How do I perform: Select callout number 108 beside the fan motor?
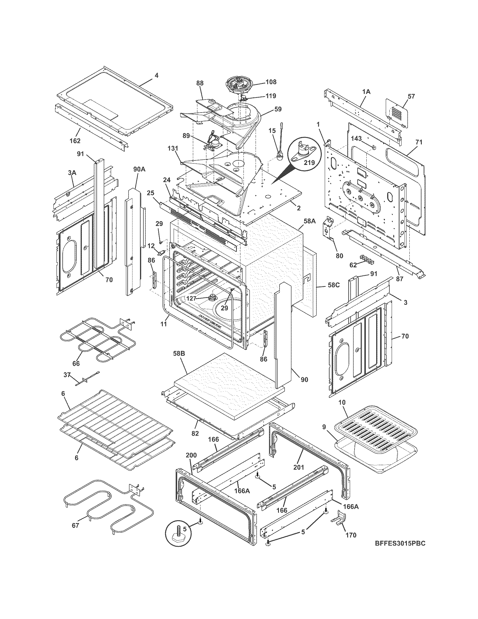pyautogui.click(x=271, y=82)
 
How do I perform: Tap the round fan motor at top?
pyautogui.click(x=240, y=85)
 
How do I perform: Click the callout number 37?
pyautogui.click(x=67, y=375)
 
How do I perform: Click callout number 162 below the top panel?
pyautogui.click(x=75, y=141)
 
